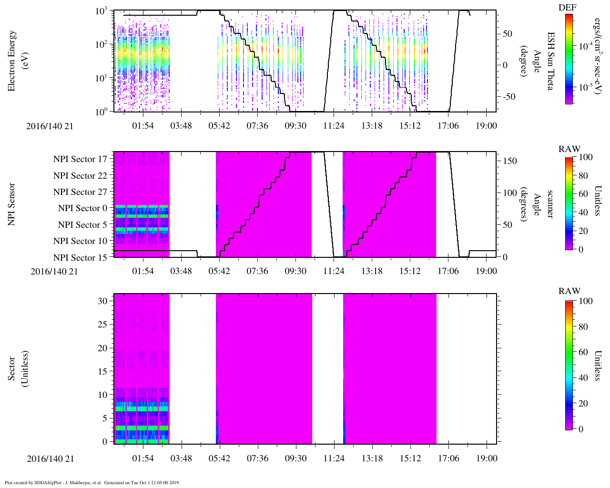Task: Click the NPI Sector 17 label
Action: tap(80, 159)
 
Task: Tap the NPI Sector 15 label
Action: tap(80, 258)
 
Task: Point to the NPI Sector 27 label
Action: tap(80, 192)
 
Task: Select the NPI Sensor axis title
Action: tap(11, 204)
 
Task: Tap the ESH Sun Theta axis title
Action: tap(550, 61)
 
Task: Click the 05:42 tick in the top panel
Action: tap(219, 126)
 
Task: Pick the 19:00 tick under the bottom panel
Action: tap(486, 458)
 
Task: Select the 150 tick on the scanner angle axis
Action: tap(510, 161)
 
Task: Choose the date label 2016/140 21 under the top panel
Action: tap(51, 126)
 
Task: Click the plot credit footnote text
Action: tap(92, 482)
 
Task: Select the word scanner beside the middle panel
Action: tap(550, 204)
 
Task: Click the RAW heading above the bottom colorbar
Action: tap(569, 291)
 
